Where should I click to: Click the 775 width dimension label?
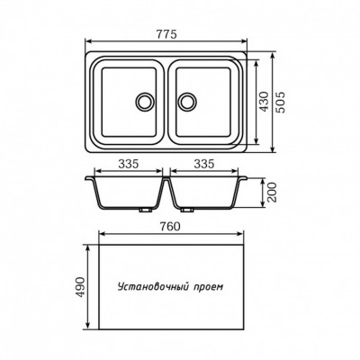tap(166, 34)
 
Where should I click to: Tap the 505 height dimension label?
tap(281, 102)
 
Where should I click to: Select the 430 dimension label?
tap(264, 102)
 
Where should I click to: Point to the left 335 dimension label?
tap(129, 164)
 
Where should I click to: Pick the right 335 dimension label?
tap(204, 164)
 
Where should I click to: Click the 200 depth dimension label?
tap(272, 192)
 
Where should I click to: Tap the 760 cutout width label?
tap(170, 227)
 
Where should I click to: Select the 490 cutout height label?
tap(80, 287)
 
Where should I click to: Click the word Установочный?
tap(154, 287)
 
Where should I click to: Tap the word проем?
tap(210, 287)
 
